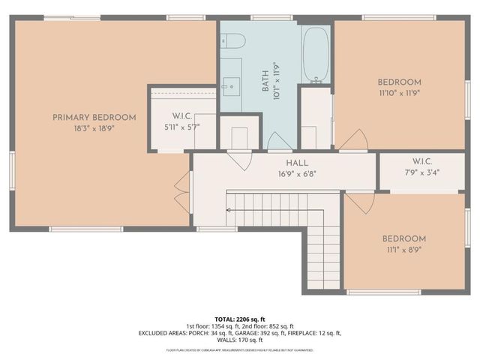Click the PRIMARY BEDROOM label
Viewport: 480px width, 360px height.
(94, 117)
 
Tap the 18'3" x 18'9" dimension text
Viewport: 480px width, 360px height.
(94, 128)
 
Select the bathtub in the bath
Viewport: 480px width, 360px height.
(316, 55)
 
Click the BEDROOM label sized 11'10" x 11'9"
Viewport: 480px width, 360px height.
(399, 82)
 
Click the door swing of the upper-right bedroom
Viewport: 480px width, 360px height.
(356, 140)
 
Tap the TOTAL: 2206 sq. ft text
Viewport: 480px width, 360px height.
(240, 318)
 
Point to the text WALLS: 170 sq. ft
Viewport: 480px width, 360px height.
(240, 340)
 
